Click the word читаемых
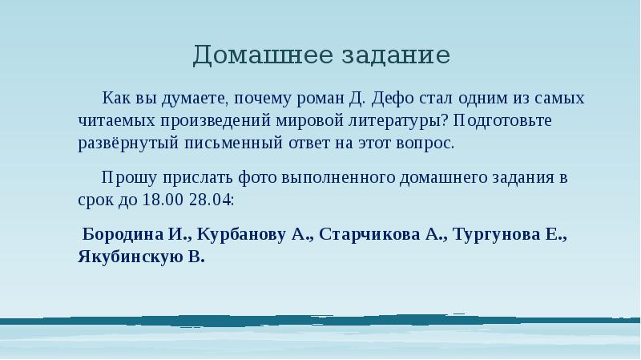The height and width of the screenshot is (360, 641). [113, 121]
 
